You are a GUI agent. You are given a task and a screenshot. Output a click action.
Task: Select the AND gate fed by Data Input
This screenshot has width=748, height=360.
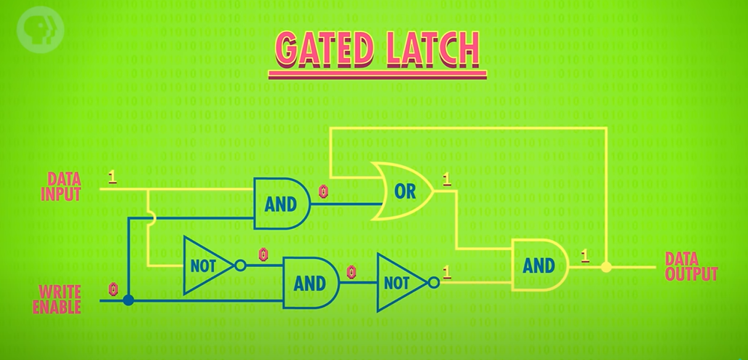pos(280,204)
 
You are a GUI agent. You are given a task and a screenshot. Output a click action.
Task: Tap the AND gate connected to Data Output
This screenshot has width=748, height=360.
pos(539,265)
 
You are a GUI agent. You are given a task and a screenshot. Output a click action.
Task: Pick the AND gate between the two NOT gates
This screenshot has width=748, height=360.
pos(310,283)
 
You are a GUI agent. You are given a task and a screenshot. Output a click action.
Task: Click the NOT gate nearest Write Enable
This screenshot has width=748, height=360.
pos(206,265)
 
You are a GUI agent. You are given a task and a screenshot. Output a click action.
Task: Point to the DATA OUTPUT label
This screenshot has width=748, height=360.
pos(691,266)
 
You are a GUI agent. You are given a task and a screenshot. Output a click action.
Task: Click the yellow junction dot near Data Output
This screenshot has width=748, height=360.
pos(605,268)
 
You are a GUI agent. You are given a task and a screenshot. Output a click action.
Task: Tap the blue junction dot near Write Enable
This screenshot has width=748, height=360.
pos(128,300)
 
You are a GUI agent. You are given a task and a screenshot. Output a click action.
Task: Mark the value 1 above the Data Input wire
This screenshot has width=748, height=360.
pos(111,177)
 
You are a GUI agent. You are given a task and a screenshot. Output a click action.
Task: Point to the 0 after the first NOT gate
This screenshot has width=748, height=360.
pos(263,255)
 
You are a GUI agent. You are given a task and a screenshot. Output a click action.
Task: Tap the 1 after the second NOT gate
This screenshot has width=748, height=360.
pos(446,273)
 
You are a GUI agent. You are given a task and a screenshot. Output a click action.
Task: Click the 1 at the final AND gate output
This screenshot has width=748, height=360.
pos(584,255)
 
